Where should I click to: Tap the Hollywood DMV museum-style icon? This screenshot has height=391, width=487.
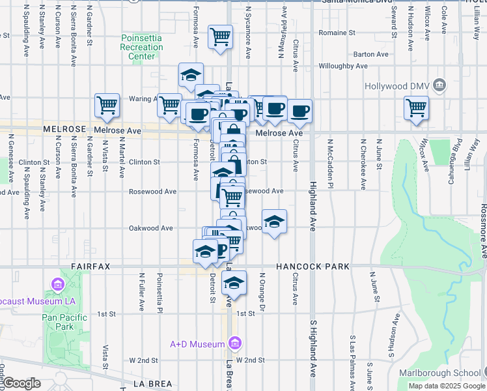(x=439, y=85)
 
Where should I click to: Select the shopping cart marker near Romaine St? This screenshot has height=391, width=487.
(x=220, y=36)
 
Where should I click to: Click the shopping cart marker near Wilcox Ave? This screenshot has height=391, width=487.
(x=415, y=108)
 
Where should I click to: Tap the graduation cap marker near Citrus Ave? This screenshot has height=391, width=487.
(x=274, y=222)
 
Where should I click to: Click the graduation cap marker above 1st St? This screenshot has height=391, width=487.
(x=234, y=283)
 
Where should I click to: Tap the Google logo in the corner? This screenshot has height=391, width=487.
(x=21, y=383)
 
